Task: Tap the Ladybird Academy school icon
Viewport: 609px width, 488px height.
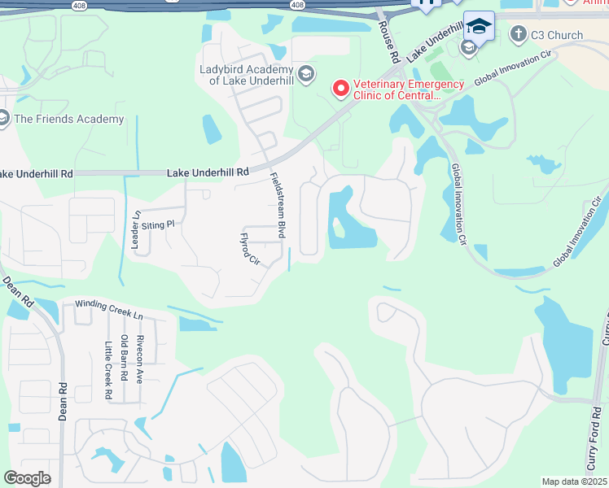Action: pyautogui.click(x=305, y=75)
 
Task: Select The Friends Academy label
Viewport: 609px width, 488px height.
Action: pyautogui.click(x=69, y=119)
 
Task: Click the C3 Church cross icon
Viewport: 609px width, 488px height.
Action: pyautogui.click(x=518, y=34)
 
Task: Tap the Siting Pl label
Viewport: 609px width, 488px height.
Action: pyautogui.click(x=158, y=224)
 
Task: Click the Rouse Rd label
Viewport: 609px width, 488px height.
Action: pyautogui.click(x=389, y=42)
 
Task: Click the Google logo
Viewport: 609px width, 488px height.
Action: pyautogui.click(x=27, y=478)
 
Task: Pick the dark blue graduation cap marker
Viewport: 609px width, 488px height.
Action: pyautogui.click(x=479, y=26)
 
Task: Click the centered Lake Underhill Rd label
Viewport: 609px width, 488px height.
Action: pyautogui.click(x=208, y=172)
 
